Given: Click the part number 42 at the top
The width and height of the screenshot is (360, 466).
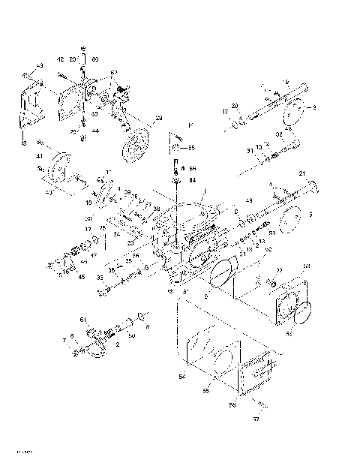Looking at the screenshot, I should (60, 59).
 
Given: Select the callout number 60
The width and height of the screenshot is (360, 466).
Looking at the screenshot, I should (95, 59).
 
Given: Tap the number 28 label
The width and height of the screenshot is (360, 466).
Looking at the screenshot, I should (158, 118).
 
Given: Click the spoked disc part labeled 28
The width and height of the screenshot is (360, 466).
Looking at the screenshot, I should (136, 143).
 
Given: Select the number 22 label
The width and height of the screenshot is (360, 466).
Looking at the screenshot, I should (278, 270).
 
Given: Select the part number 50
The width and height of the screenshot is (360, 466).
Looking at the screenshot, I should (132, 335).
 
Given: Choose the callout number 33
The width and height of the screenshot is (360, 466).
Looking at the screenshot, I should (100, 277).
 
